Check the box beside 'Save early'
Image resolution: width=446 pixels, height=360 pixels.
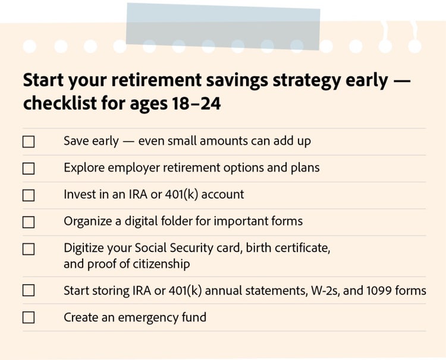[x=29, y=142]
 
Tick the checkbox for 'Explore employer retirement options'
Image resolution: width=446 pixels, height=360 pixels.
[x=29, y=169]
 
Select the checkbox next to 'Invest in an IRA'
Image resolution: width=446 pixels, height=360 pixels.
[x=29, y=195]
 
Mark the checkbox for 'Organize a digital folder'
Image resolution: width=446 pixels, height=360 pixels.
[x=29, y=222]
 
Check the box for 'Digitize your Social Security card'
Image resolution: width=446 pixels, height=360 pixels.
[x=29, y=250]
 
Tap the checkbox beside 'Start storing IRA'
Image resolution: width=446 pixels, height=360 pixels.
[x=29, y=290]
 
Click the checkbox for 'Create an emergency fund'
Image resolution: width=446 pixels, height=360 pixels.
[x=29, y=317]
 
